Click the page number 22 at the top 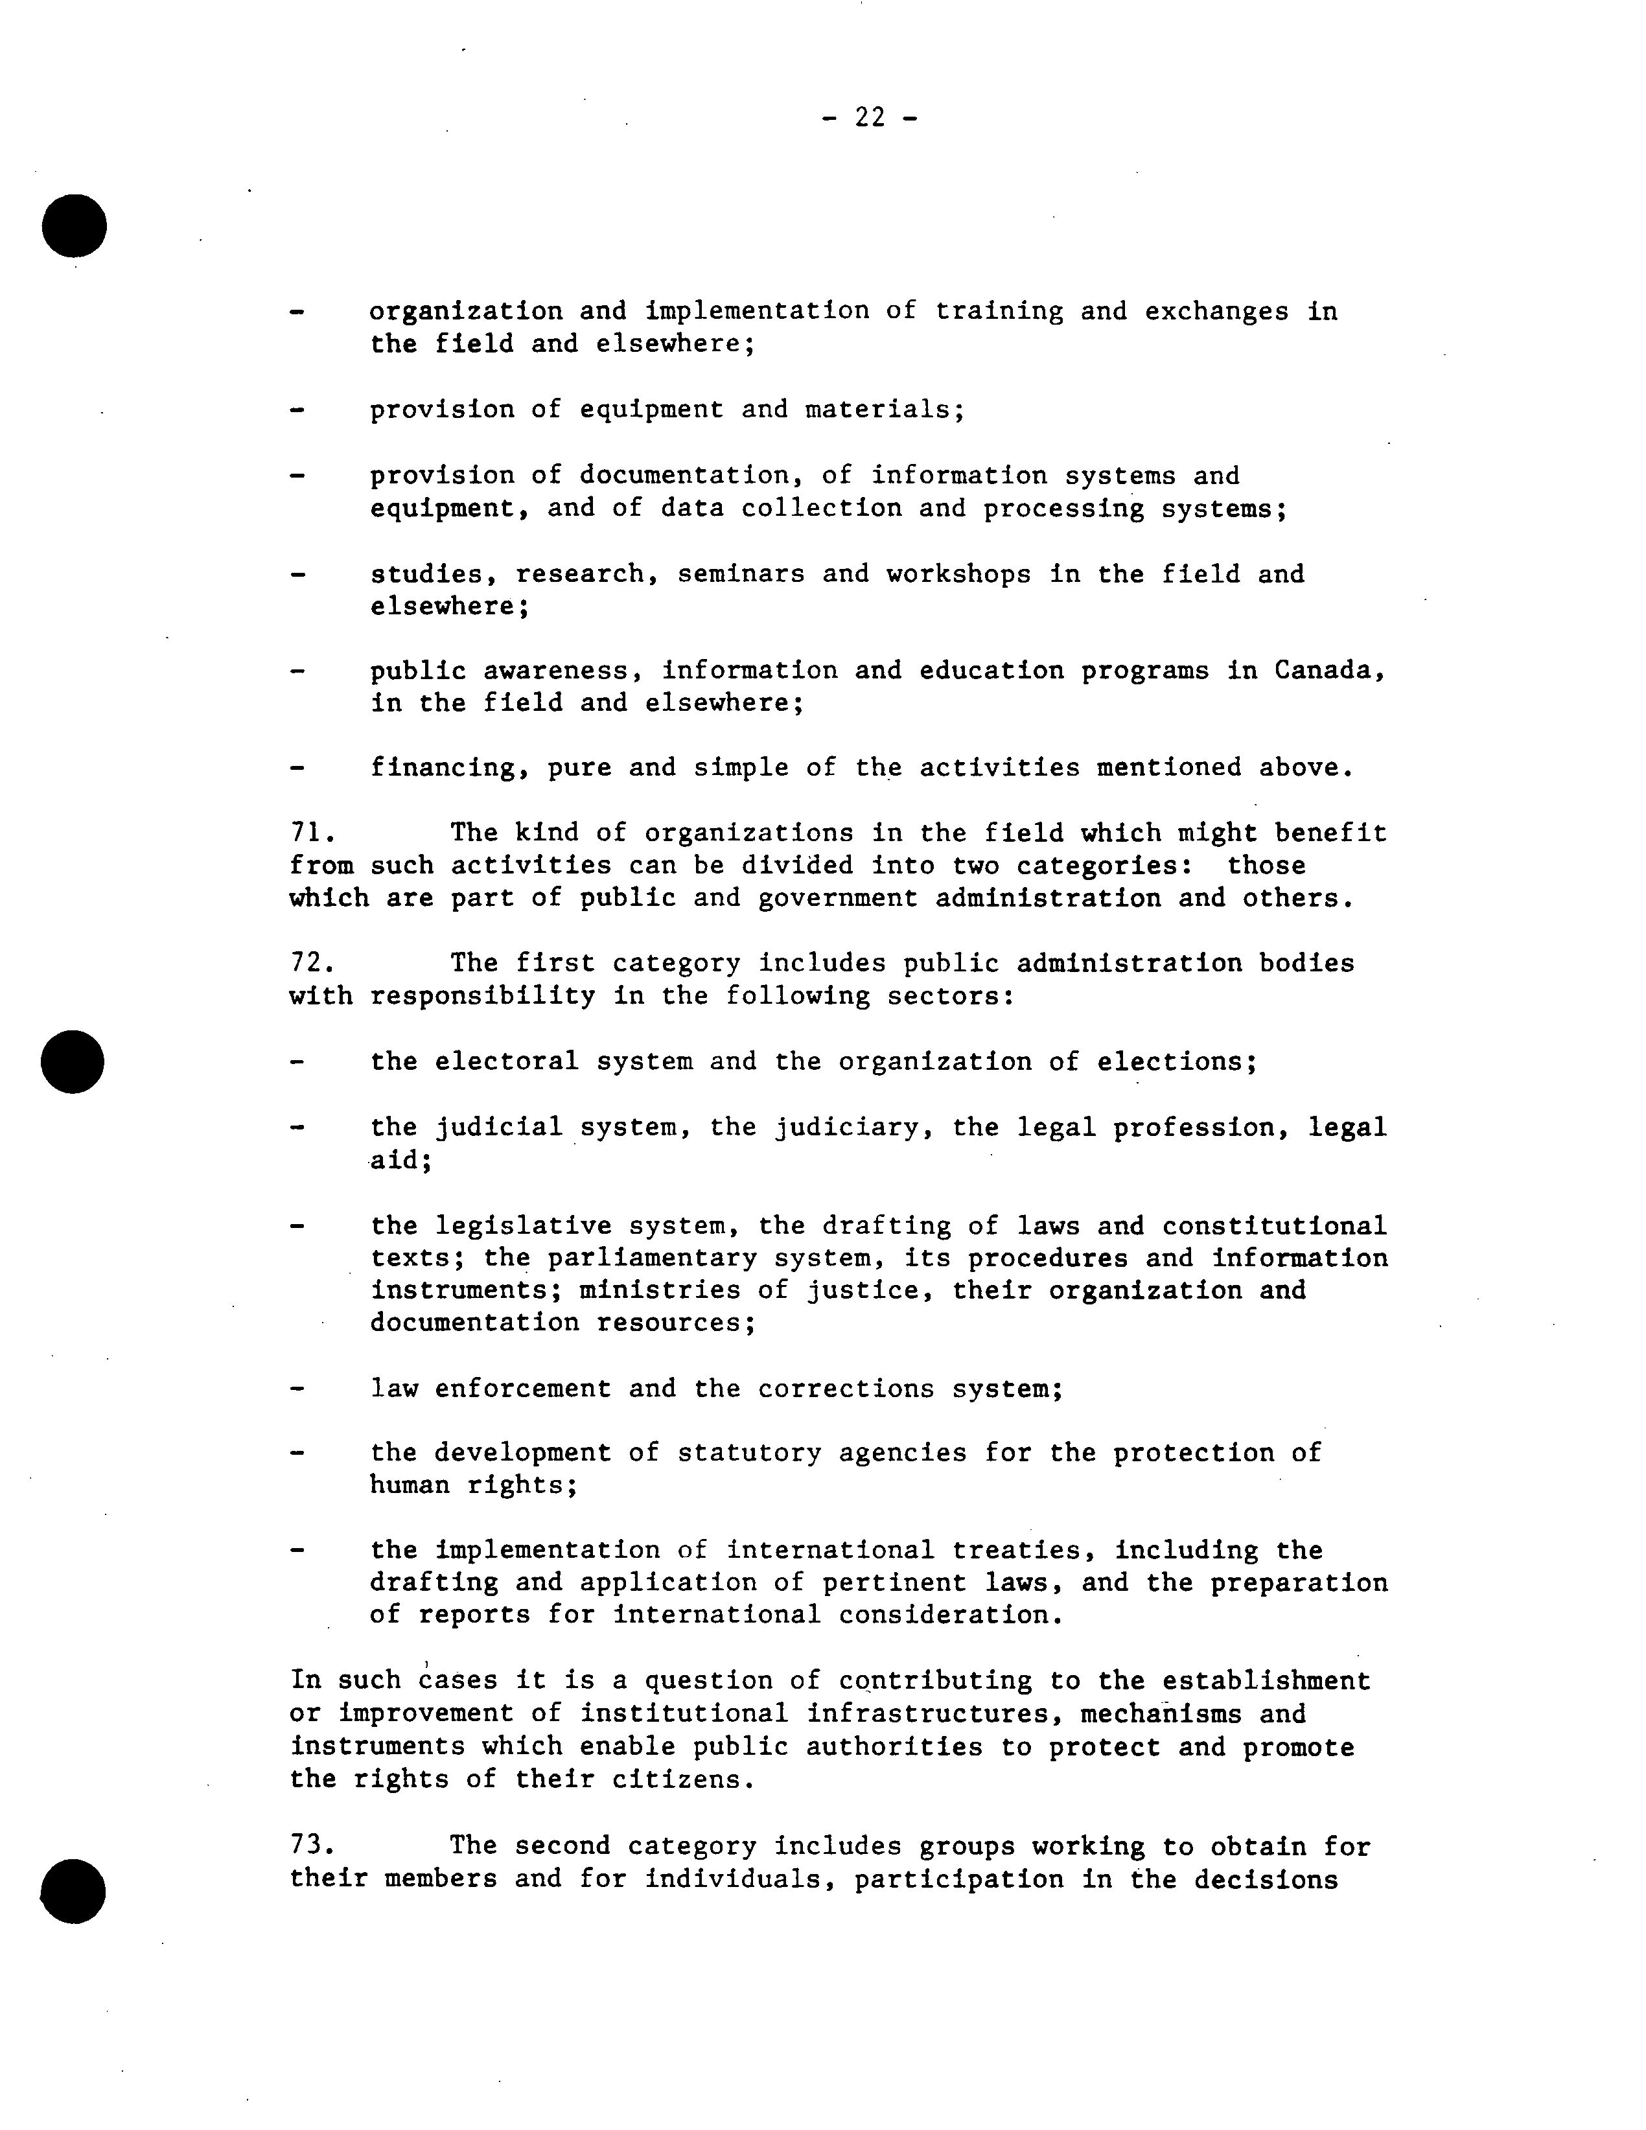coord(869,118)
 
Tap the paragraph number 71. coord(312,833)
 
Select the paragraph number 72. coord(312,964)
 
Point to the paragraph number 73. coord(312,1846)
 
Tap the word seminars coord(741,573)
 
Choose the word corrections coord(846,1389)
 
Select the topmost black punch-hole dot coord(74,226)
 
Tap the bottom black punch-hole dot coord(73,1890)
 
